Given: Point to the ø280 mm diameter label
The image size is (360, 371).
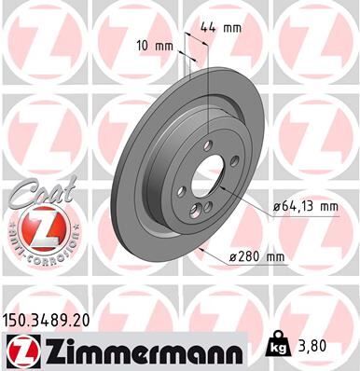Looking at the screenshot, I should [283, 256].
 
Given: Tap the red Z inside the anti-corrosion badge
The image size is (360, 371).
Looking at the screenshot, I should [37, 227].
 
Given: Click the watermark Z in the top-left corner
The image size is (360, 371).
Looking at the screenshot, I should [42, 42].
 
